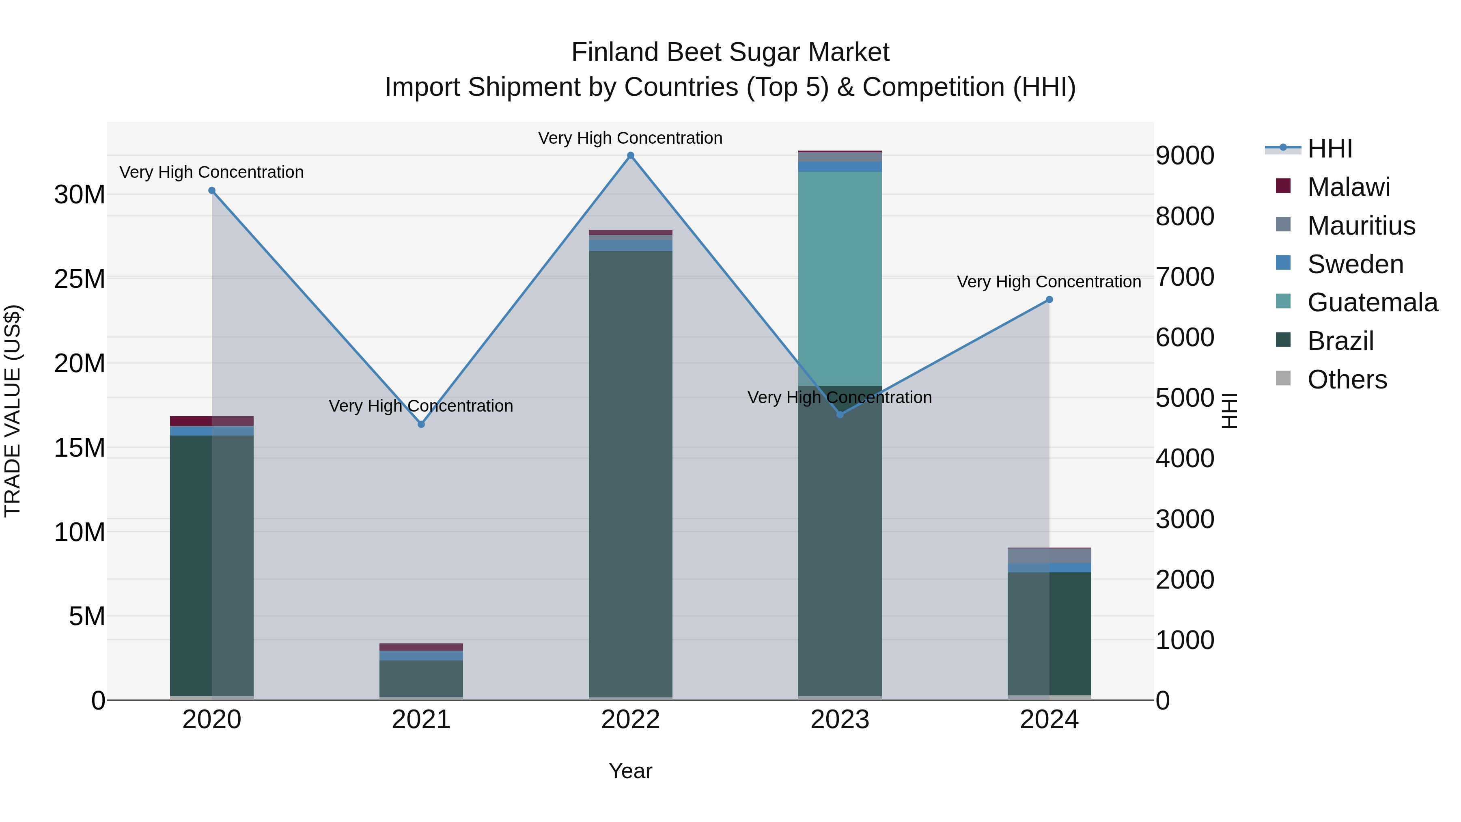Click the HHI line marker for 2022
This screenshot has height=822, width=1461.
[x=630, y=155]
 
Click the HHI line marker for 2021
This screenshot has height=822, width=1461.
[x=421, y=424]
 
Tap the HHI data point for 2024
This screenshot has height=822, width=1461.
[x=1049, y=300]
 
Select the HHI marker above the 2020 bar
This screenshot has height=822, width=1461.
[x=211, y=191]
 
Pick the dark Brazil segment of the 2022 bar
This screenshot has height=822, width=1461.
[x=630, y=471]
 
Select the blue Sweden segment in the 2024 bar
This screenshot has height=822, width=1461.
[x=1049, y=567]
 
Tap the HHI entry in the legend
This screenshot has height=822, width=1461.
[x=1329, y=149]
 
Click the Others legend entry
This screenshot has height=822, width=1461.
[x=1347, y=380]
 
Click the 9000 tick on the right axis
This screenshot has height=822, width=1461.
[x=1185, y=155]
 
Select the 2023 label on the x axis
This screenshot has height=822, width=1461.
[x=839, y=720]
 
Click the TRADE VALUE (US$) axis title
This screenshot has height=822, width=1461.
[x=13, y=411]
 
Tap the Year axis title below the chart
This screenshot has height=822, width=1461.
[x=630, y=771]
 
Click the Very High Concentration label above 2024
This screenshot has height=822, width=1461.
[x=1049, y=282]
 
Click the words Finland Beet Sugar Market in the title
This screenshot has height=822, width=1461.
[x=730, y=52]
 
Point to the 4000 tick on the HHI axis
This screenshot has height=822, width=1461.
[x=1185, y=458]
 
